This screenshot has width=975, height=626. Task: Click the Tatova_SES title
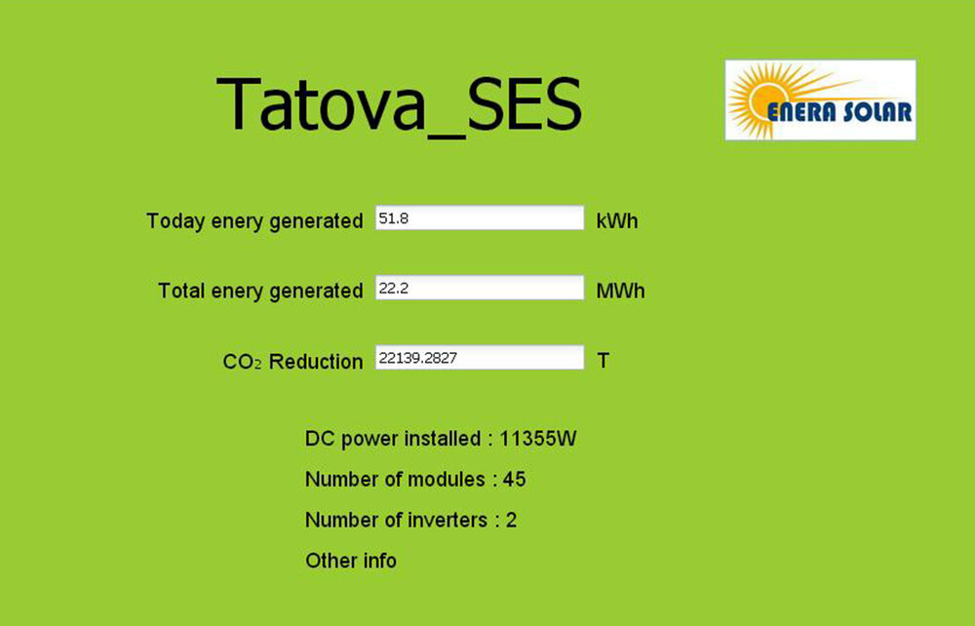tap(399, 104)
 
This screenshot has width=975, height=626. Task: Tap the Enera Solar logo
tap(820, 100)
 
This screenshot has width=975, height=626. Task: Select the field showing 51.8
tap(480, 218)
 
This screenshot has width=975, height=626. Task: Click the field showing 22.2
tap(480, 288)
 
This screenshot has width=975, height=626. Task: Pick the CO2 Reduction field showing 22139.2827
tap(480, 358)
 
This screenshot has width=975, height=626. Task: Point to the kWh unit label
tap(617, 220)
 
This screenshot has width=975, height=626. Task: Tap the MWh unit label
tap(620, 291)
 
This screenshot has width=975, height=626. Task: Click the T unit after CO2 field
tap(603, 361)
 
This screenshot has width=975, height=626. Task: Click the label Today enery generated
tap(254, 220)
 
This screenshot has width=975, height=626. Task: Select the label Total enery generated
tap(260, 291)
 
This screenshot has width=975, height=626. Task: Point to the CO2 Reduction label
tap(292, 361)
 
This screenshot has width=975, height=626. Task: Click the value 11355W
tap(538, 438)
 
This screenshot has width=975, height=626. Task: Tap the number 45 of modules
tap(514, 480)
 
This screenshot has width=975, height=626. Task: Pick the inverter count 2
tap(511, 520)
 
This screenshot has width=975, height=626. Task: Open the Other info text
tap(351, 561)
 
